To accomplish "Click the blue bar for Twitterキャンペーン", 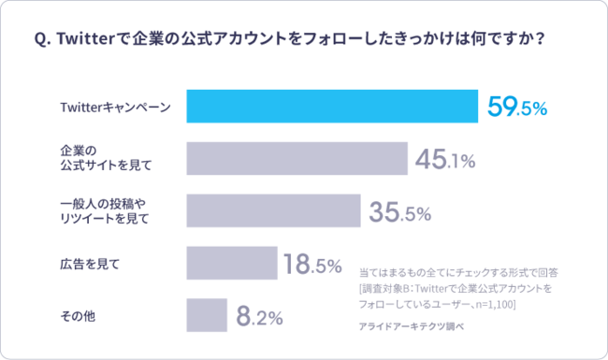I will tap(332, 107).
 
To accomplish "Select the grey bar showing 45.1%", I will tap(297, 158).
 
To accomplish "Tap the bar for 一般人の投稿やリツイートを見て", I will tap(273, 210).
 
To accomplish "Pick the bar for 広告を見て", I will tap(232, 263).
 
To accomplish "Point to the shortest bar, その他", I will tap(207, 315).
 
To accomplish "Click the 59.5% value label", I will tap(517, 108).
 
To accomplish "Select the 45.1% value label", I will tap(445, 160).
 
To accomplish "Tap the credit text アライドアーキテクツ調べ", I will tap(412, 326).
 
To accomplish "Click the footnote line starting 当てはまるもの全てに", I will tap(458, 272).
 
